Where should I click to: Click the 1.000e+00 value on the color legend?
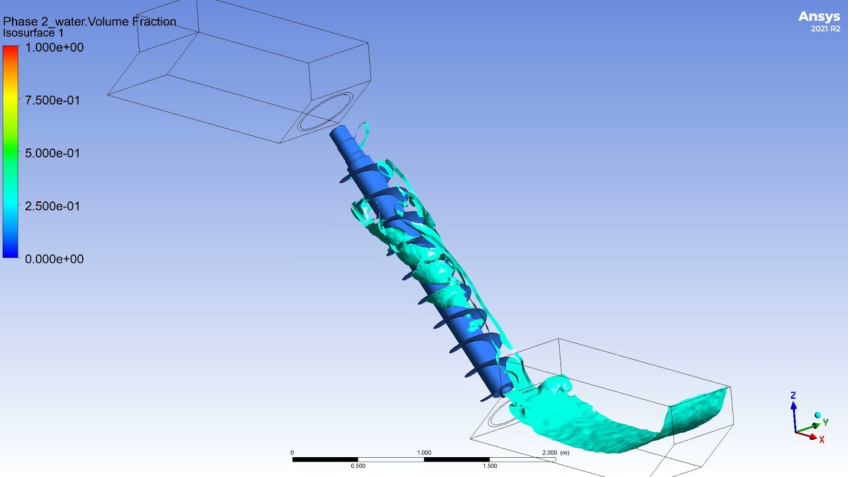[54, 48]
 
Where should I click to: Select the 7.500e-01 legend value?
[52, 101]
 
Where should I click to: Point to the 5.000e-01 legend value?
[52, 153]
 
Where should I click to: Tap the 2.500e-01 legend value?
[52, 206]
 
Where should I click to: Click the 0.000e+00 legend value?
[54, 259]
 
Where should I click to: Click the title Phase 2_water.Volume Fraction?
[89, 21]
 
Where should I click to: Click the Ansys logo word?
[819, 17]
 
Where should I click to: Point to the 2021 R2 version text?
[825, 29]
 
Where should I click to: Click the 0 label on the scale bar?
[292, 453]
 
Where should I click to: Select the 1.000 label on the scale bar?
[424, 453]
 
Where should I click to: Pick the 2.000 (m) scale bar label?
[555, 453]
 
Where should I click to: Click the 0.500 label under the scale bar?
[358, 466]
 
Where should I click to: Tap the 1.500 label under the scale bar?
[490, 466]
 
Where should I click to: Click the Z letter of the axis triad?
[793, 396]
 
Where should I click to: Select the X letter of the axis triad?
[822, 439]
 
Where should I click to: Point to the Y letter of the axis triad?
[825, 422]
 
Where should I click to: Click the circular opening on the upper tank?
[325, 111]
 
